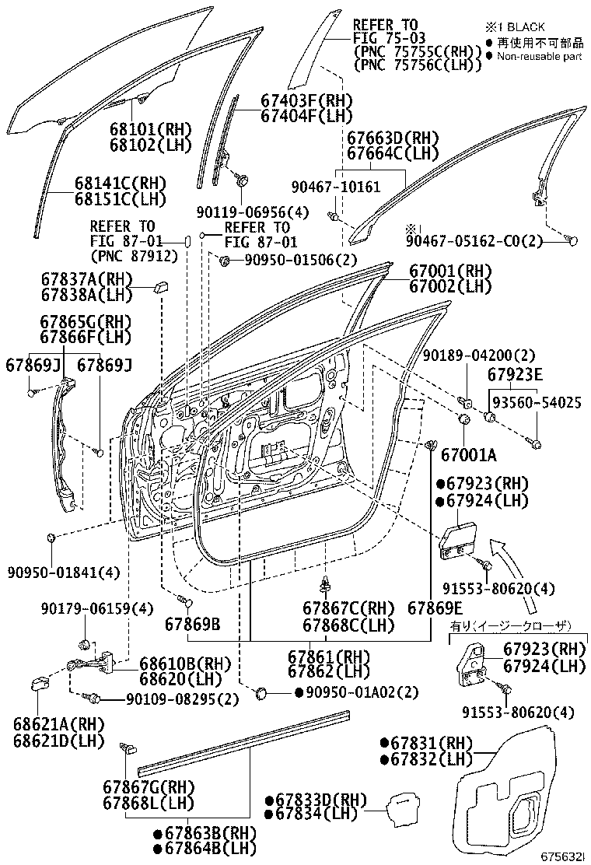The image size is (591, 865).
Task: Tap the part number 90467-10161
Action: (x=336, y=187)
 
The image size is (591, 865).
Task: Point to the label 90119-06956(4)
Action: (x=252, y=212)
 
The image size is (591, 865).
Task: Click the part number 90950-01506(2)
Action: (x=291, y=259)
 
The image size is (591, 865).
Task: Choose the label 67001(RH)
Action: (x=451, y=271)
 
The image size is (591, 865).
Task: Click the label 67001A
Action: (x=468, y=454)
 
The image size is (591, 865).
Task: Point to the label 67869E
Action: (x=435, y=608)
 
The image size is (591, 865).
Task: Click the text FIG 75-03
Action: (x=385, y=38)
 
